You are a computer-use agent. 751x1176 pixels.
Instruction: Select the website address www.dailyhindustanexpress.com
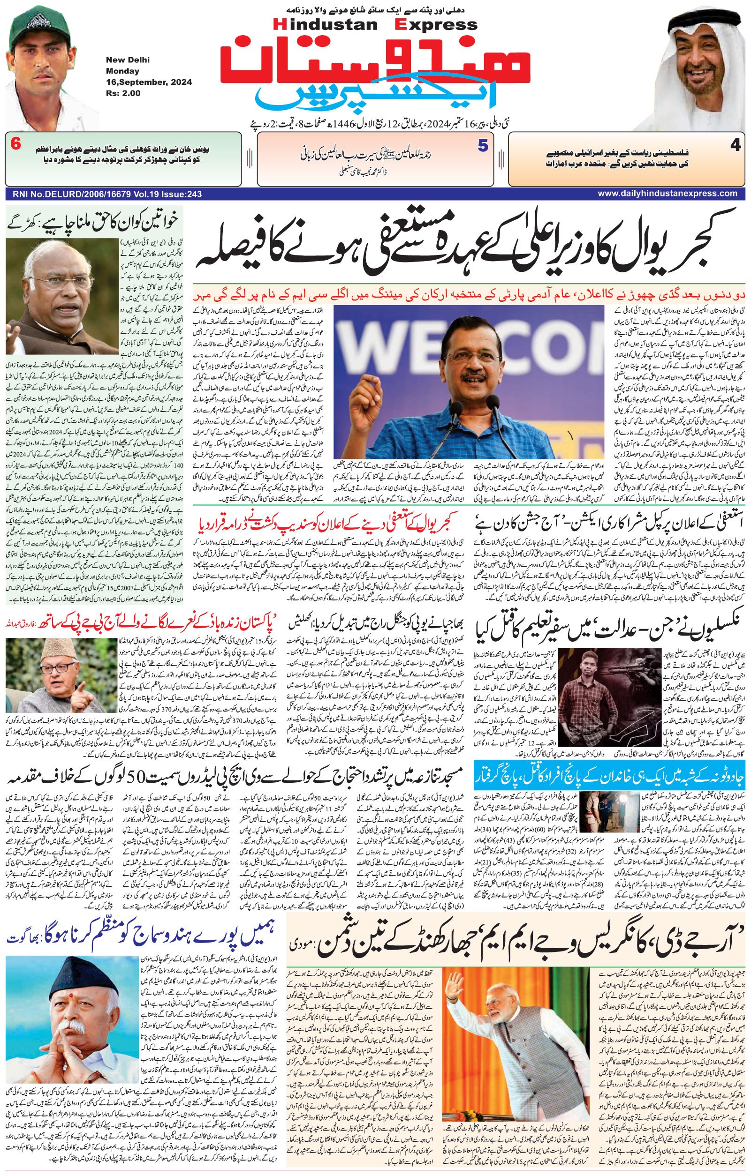(x=668, y=194)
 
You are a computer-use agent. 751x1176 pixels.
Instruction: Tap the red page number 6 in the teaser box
(x=15, y=145)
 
